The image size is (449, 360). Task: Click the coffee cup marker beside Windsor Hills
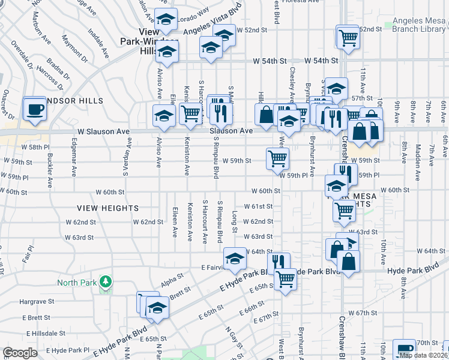pos(35,109)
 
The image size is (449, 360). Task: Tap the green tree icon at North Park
pos(106,281)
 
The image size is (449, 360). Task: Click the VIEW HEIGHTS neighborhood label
pos(108,208)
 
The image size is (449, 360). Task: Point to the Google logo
pos(20,353)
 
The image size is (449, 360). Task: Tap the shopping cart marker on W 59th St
pos(277,159)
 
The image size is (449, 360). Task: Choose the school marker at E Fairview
pos(234,259)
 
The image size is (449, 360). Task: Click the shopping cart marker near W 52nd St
pos(348,37)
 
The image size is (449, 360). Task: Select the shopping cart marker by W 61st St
pos(344,210)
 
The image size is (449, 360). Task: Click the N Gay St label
pos(233,339)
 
